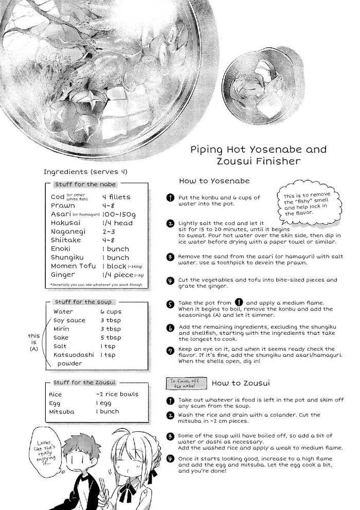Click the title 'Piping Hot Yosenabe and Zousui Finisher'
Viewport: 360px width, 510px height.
[x=258, y=156]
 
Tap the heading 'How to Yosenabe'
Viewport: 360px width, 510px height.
[x=214, y=181]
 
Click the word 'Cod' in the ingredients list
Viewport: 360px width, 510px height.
[x=58, y=197]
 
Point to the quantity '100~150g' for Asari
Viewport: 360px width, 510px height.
[x=118, y=214]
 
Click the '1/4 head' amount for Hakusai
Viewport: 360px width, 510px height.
[x=117, y=223]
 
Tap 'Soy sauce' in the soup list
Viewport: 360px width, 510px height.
[x=69, y=320]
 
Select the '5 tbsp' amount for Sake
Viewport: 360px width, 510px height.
[x=111, y=338]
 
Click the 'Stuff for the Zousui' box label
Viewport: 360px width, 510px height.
[x=85, y=383]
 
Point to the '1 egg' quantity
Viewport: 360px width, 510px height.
[x=103, y=403]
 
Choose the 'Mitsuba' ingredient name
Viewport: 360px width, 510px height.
[x=61, y=412]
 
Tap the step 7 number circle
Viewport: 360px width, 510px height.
[x=170, y=351]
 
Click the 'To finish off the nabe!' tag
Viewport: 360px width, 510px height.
[x=187, y=383]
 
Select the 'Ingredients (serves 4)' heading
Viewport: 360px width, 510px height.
[x=85, y=172]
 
